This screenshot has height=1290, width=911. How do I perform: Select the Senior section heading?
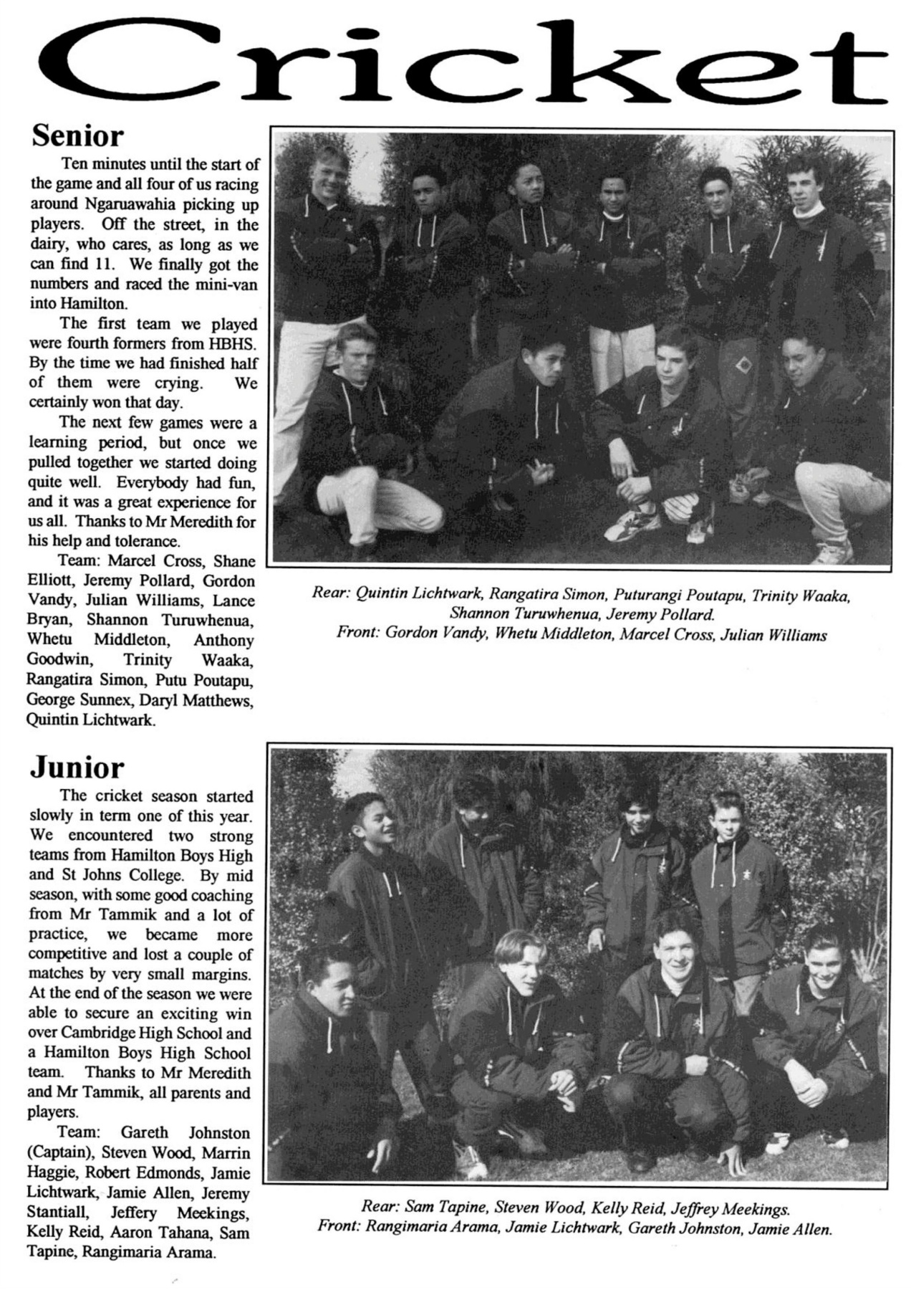(x=78, y=135)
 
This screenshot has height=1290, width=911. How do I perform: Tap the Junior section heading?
(x=77, y=768)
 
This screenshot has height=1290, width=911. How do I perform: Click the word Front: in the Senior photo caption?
(x=357, y=634)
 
